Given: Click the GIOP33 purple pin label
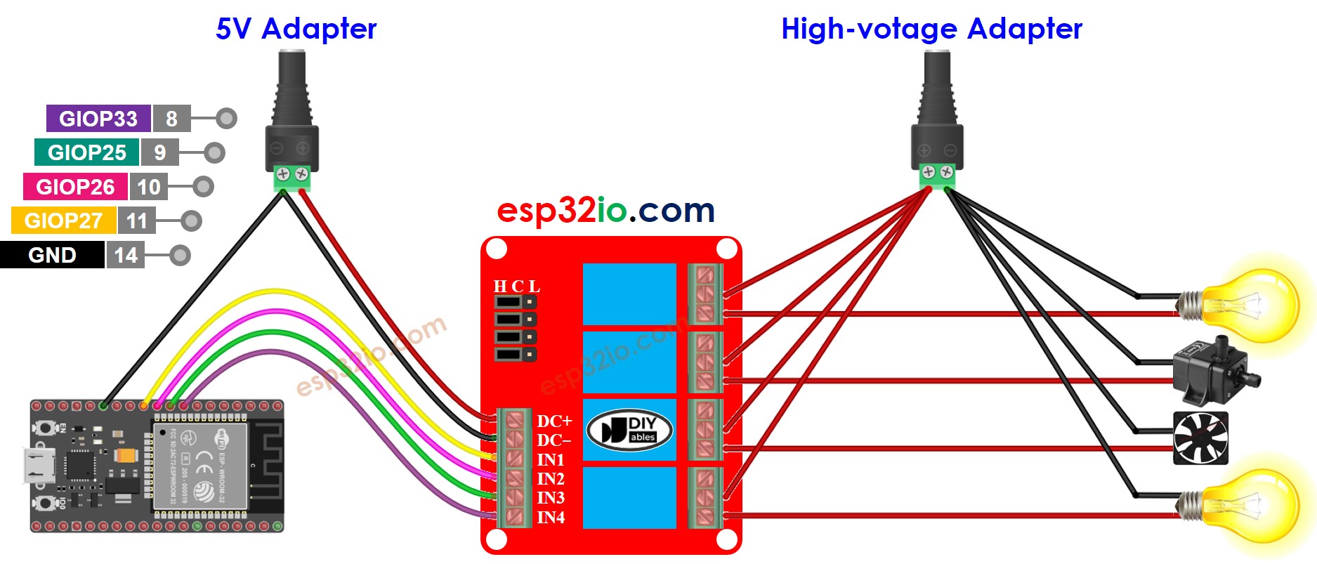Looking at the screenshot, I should tap(98, 119).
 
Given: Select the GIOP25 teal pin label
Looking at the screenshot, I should tap(86, 152).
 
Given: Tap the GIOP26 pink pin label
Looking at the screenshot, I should tap(75, 187).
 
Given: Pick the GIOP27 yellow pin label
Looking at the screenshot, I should tap(63, 221).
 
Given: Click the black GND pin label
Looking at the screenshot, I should tap(52, 255).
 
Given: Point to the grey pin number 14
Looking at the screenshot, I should tap(126, 255).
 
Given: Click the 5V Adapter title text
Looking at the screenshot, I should tap(296, 29).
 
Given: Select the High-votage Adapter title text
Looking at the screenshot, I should tap(931, 29).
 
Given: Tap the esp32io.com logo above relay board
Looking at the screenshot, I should tap(605, 210).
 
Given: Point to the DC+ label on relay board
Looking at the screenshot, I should tap(554, 421).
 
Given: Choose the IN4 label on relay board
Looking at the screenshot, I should tap(551, 518).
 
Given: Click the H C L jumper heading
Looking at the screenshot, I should tap(516, 286).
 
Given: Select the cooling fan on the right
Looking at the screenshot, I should tap(1201, 438).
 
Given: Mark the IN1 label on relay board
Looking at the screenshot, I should tap(551, 459).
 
